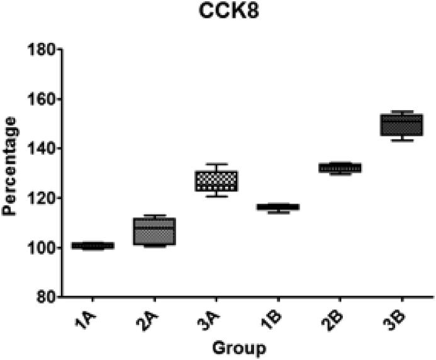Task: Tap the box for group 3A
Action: pyautogui.click(x=216, y=181)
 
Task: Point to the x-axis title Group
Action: pyautogui.click(x=238, y=347)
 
